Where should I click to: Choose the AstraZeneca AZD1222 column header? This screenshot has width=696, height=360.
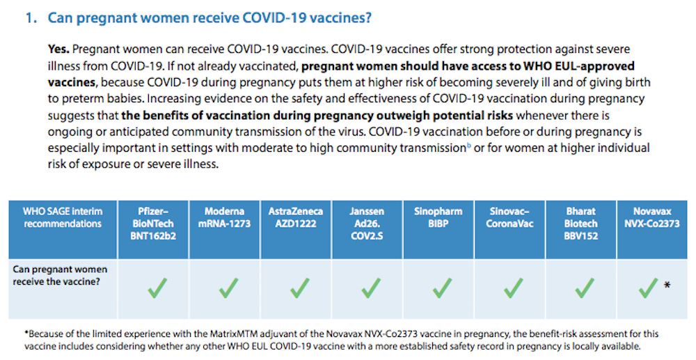coord(296,217)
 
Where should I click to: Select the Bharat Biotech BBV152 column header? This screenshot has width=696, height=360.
coord(580,223)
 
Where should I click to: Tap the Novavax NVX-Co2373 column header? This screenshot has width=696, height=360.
coord(653,217)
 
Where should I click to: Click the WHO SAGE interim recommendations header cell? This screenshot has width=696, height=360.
coord(62,217)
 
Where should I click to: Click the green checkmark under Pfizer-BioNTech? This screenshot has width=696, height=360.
coord(157,288)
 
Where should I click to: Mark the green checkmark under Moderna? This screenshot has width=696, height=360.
coord(228,288)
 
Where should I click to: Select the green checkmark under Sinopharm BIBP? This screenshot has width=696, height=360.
coord(441,288)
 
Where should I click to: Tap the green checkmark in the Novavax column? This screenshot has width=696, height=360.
coord(648,288)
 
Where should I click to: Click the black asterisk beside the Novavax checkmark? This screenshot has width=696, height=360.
coord(667,285)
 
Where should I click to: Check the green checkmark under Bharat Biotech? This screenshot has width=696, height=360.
coord(585,288)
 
